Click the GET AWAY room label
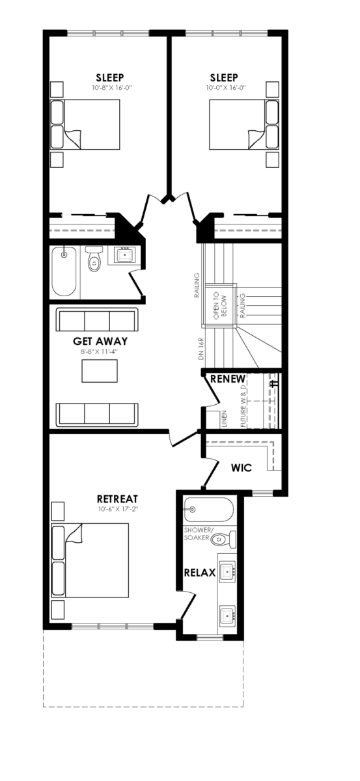coord(100,341)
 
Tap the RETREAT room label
coord(118,499)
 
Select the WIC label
coord(242,467)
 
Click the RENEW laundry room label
coord(228,379)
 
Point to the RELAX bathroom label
coord(200,573)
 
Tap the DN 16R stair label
coord(200,349)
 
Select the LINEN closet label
coord(225,418)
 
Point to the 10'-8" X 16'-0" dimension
coord(111,87)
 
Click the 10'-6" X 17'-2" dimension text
coord(118,509)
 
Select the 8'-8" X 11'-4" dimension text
coord(100,351)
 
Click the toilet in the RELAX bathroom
coord(223,539)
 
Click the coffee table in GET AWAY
coord(100,370)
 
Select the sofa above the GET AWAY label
coord(96,320)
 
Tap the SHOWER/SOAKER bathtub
coord(209,510)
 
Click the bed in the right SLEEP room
coord(244,125)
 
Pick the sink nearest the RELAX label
coord(227,571)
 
